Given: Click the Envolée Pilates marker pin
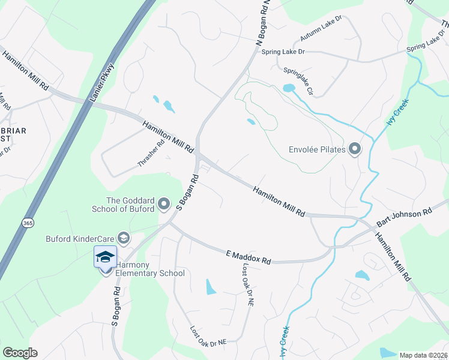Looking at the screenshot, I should tap(355, 148).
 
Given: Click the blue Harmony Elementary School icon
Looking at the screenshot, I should tap(105, 257).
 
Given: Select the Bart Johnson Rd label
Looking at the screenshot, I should tap(404, 217).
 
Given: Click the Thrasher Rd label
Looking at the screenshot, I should tap(151, 154).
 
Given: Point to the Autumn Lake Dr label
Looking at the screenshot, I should tap(321, 28).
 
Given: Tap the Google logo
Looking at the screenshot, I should tap(20, 353).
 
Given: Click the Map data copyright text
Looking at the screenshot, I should tap(423, 355).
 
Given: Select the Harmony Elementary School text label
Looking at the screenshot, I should tap(150, 269).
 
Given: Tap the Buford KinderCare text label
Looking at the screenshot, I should tap(80, 239).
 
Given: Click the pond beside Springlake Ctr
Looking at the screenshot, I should tap(289, 88).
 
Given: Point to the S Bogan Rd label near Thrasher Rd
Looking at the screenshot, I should tap(188, 192).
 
